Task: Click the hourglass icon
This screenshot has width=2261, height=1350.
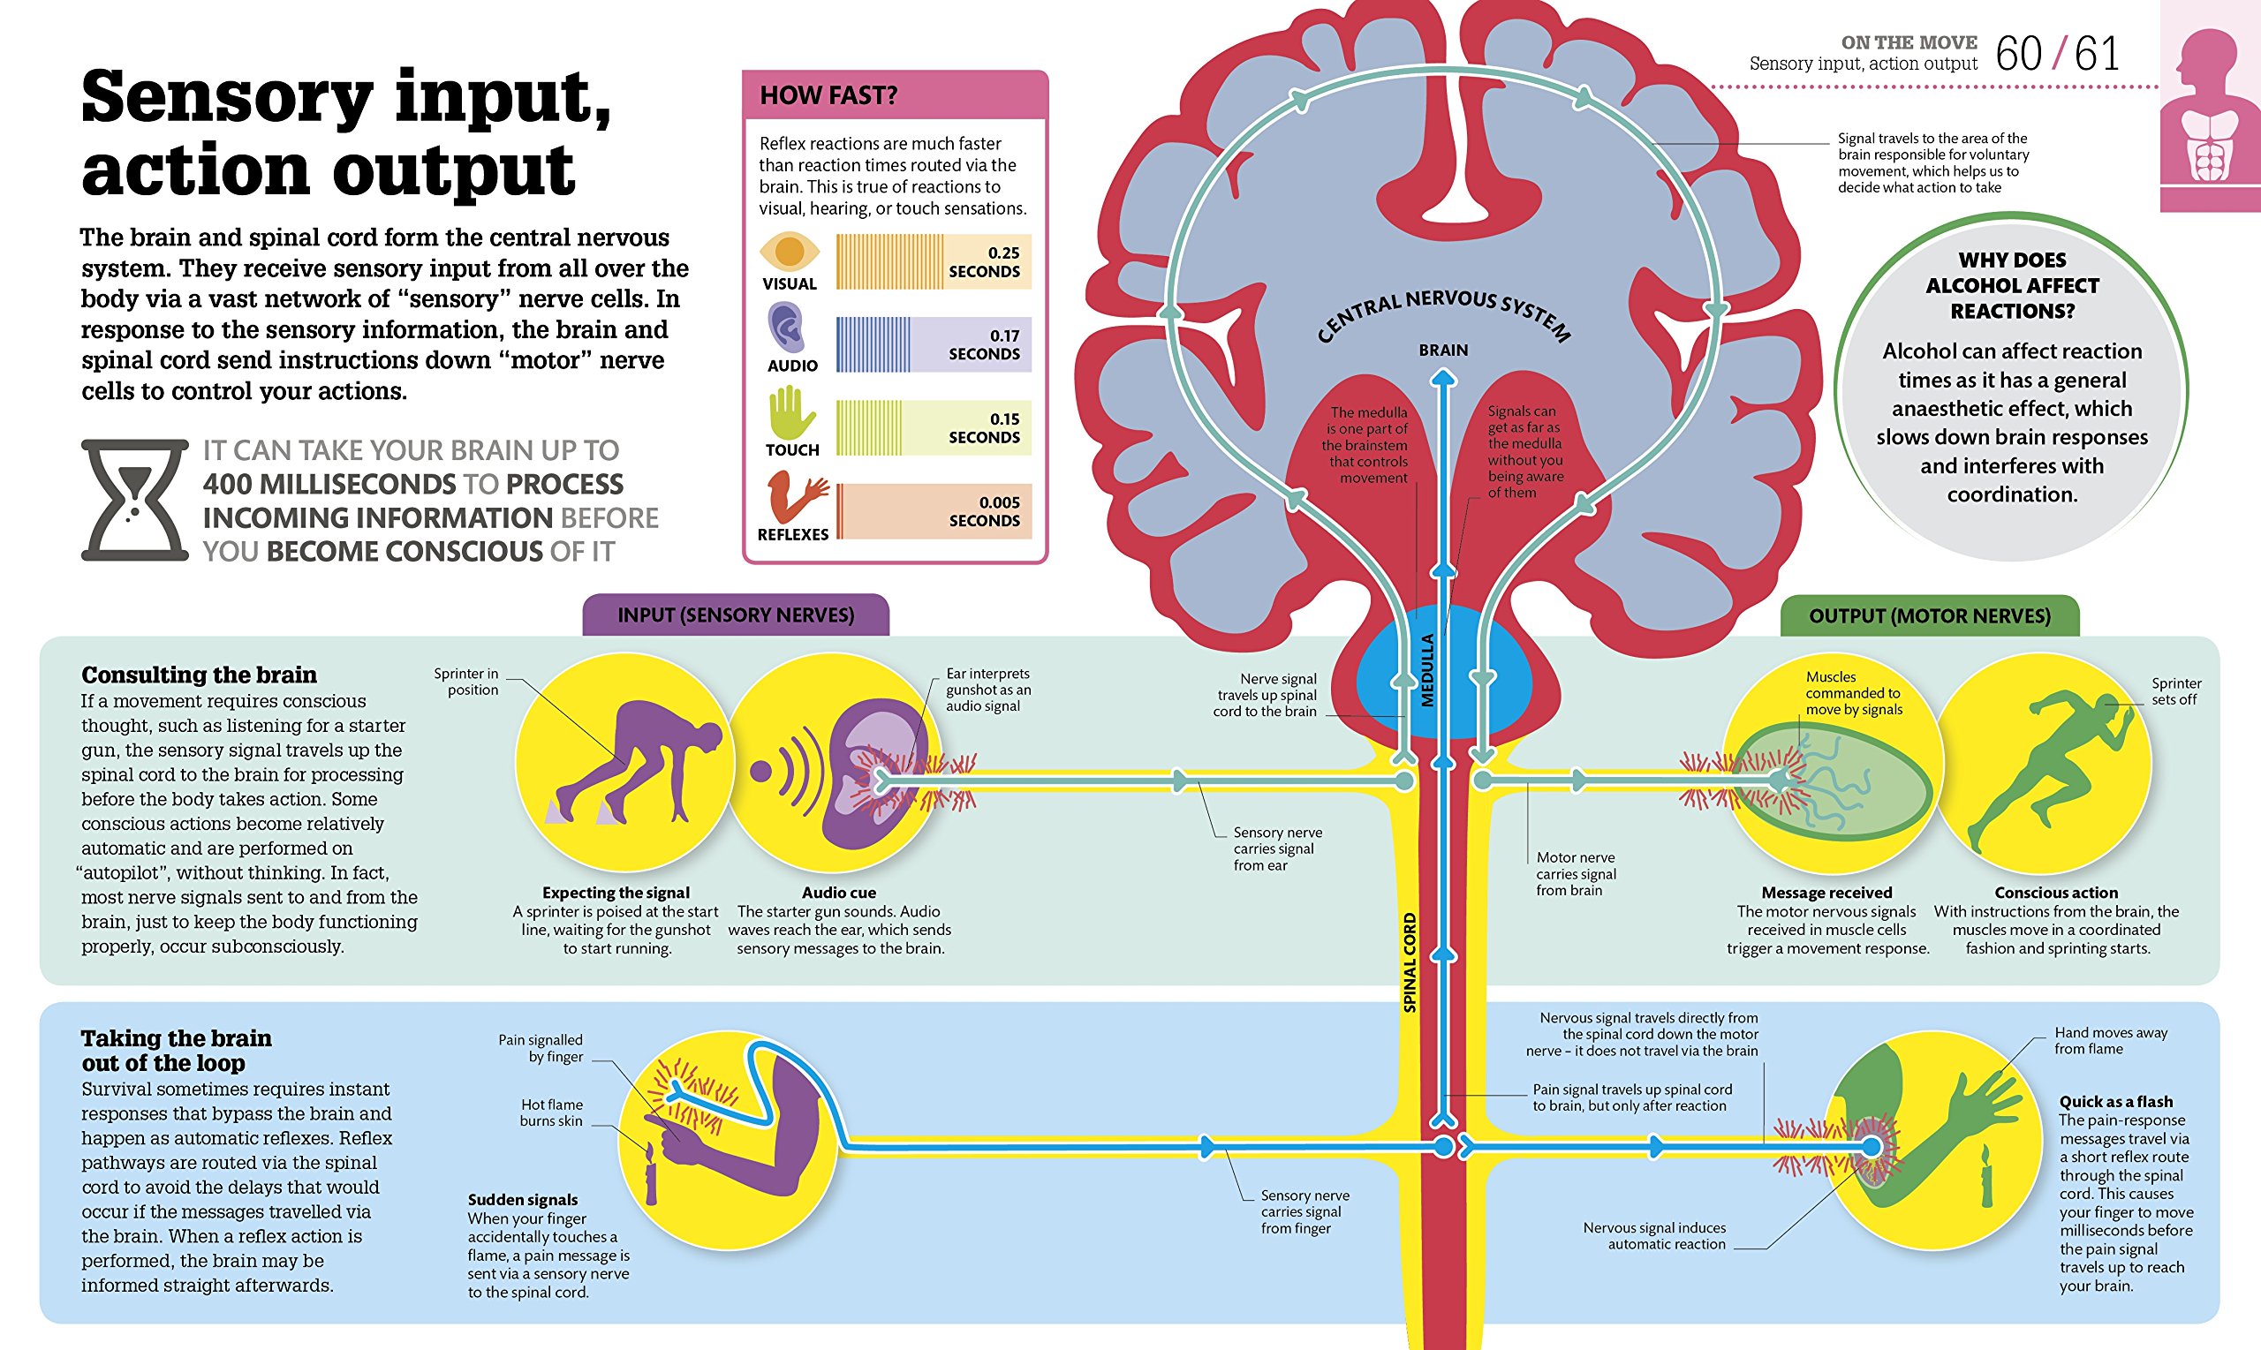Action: pos(134,501)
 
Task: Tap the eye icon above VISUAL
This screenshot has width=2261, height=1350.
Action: pos(789,251)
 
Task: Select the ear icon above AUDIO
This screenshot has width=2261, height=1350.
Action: pos(786,328)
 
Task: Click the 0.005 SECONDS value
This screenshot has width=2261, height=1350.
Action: pos(985,511)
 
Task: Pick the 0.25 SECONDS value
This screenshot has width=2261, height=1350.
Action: pos(985,262)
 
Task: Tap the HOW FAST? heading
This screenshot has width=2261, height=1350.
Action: pos(828,95)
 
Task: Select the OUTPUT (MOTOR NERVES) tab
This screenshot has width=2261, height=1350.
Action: pos(1929,617)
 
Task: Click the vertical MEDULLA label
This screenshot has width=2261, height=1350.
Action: pos(1427,670)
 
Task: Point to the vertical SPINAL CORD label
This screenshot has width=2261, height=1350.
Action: pos(1410,962)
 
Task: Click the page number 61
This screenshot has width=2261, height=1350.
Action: pos(2098,55)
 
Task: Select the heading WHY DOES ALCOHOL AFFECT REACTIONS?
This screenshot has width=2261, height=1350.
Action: pos(2012,286)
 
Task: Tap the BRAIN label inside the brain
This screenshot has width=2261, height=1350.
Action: pos(1443,351)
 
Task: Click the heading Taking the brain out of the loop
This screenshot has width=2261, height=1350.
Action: pos(176,1051)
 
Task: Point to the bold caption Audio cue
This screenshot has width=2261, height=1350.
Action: pos(839,894)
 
